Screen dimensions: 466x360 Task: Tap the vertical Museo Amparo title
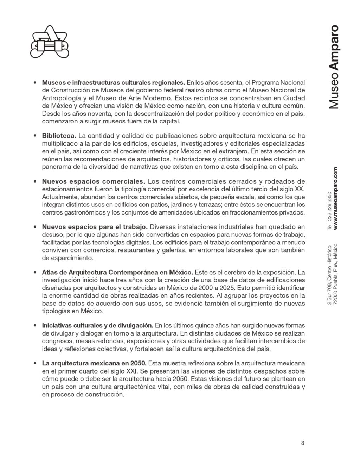pos(333,66)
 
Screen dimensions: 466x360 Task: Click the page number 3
pos(302,443)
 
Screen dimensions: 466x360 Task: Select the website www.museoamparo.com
pos(335,199)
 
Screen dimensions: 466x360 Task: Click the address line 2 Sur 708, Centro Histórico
pos(329,275)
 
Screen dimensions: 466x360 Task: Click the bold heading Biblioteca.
pos(59,136)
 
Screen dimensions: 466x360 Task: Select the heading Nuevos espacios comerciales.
pos(94,181)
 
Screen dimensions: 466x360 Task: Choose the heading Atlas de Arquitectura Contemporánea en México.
pos(117,273)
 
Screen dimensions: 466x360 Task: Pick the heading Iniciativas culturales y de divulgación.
pos(97,326)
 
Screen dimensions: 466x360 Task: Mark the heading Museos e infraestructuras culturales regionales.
pos(113,83)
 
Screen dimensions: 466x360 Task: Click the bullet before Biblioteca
pos(35,136)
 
